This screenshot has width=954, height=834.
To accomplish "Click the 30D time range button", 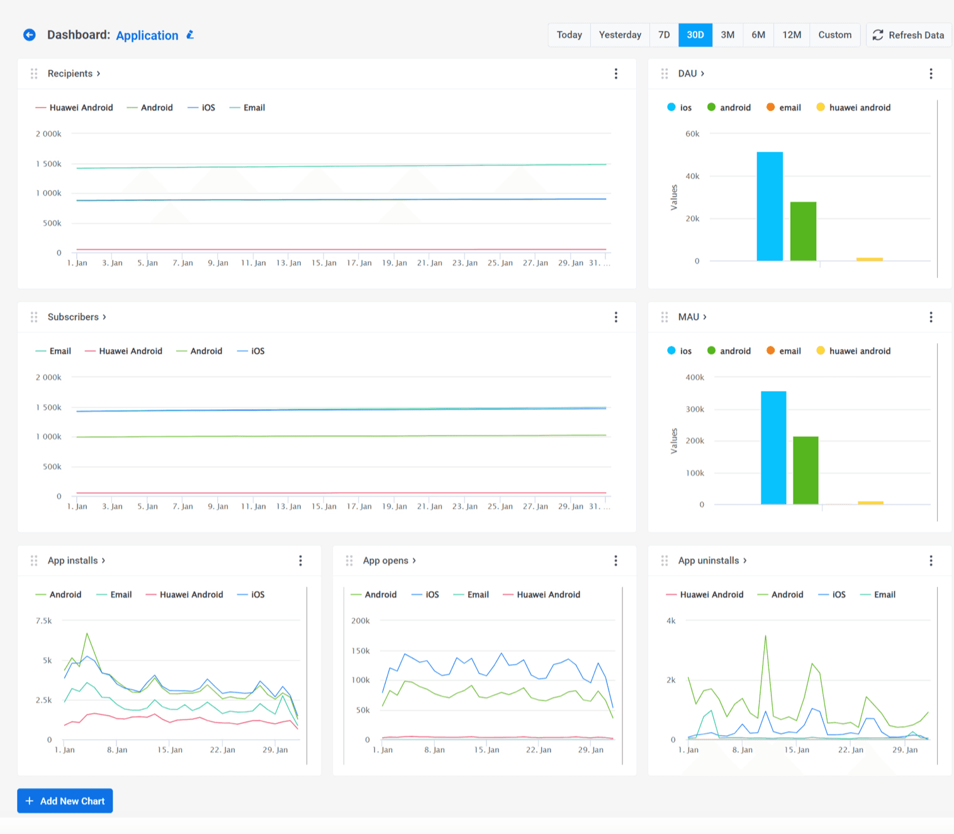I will coord(695,35).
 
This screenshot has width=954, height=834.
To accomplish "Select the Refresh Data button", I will coord(908,35).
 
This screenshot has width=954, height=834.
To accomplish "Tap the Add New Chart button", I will coord(65,801).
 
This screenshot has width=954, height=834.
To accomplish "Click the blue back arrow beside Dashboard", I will coord(30,35).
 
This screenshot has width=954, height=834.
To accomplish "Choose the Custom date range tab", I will coord(834,35).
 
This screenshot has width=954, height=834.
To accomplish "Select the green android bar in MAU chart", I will coord(805,470).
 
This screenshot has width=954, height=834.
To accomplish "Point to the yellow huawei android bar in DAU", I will coord(869,259).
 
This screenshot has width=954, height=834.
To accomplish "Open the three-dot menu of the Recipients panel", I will coord(615,74).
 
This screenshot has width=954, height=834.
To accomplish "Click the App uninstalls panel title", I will coord(709,560).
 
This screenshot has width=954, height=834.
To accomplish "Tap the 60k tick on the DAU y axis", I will coord(692,134).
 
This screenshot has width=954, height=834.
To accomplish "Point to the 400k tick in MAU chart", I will coord(695,378).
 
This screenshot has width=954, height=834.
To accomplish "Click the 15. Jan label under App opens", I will coord(486,750).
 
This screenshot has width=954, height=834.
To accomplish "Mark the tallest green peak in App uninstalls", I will coord(765,636).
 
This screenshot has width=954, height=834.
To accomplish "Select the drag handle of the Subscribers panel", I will coord(34,317).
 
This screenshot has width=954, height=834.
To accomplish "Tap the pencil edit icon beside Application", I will coord(190,35).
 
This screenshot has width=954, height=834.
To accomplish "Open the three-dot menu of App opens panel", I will coord(615,560).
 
